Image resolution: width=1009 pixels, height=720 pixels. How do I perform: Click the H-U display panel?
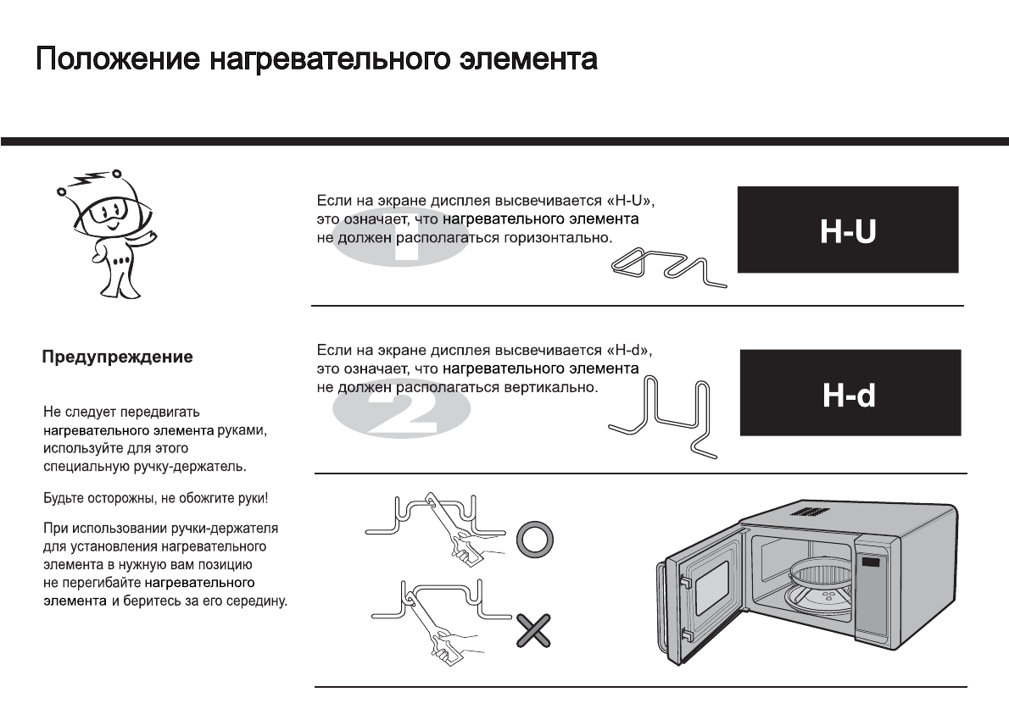tap(847, 230)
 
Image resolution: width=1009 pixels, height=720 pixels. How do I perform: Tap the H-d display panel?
tap(850, 393)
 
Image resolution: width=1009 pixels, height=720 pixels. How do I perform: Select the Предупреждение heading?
tap(118, 357)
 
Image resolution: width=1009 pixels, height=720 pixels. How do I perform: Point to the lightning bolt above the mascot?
tap(88, 181)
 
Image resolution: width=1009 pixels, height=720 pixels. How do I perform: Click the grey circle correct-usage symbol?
tap(534, 539)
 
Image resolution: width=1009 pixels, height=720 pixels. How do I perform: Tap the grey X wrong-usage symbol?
tap(534, 631)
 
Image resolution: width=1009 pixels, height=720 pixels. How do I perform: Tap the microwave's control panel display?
tap(870, 561)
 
